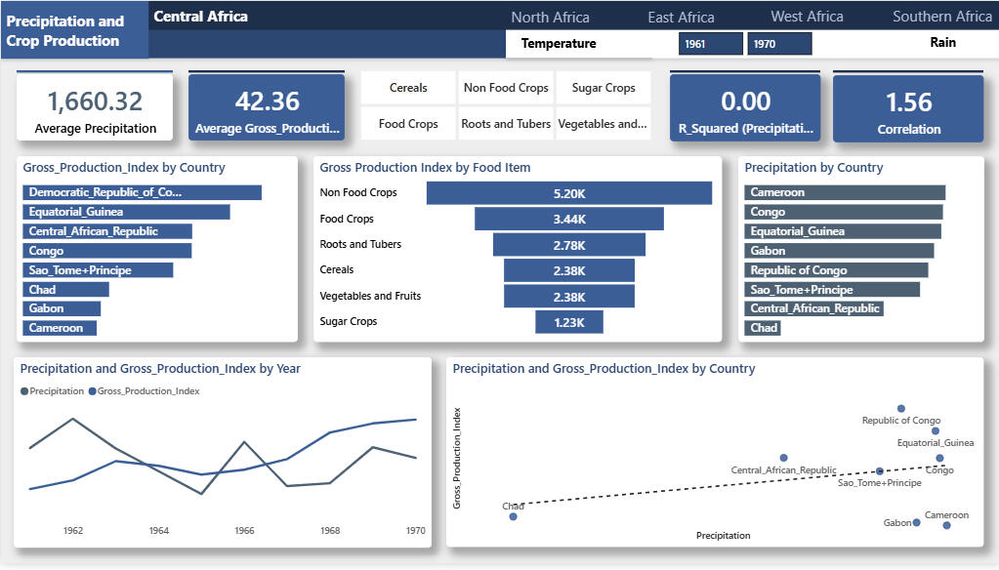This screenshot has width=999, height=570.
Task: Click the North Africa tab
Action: (x=550, y=18)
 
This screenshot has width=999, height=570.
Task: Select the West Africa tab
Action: (x=807, y=17)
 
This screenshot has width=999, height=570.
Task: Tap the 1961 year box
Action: (x=710, y=44)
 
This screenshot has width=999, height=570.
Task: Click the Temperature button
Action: (x=559, y=43)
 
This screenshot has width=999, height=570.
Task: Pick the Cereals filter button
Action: (x=408, y=88)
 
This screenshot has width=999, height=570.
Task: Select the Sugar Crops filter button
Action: (x=604, y=88)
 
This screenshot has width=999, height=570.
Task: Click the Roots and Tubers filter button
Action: (x=506, y=124)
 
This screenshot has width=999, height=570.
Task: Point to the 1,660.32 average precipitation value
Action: (x=95, y=102)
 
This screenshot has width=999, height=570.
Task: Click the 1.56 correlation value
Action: (x=908, y=102)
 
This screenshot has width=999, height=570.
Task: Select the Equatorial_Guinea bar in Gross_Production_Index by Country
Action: (x=126, y=212)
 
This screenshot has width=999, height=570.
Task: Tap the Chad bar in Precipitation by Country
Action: (x=763, y=328)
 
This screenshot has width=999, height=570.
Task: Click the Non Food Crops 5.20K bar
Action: (x=569, y=193)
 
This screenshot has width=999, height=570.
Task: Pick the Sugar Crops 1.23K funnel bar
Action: (x=569, y=322)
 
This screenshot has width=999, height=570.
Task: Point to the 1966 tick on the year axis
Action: (x=244, y=530)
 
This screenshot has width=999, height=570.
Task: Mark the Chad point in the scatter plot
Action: (x=513, y=516)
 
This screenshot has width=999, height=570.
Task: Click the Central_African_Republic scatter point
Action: (x=783, y=458)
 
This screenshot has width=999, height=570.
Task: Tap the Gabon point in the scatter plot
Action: (x=916, y=523)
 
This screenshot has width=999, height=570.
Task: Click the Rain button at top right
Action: (x=943, y=43)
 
